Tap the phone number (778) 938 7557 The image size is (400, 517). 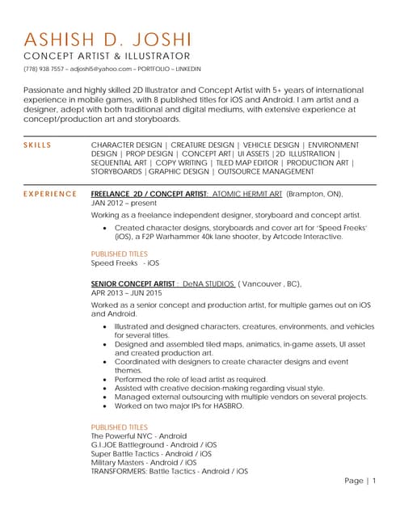44,69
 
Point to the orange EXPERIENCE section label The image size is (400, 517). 49,195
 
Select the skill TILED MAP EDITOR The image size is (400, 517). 246,162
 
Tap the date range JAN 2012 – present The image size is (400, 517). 123,204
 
